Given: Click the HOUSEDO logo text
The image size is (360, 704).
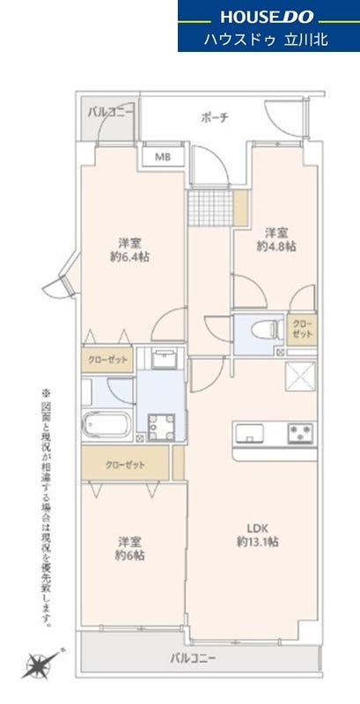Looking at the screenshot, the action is click(x=267, y=17).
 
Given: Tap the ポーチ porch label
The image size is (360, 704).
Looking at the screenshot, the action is click(x=215, y=118).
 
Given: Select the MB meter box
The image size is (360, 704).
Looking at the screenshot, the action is click(x=163, y=158).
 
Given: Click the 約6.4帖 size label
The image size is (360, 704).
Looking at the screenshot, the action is click(x=130, y=257).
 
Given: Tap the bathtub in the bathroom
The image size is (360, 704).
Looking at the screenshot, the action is click(x=107, y=424).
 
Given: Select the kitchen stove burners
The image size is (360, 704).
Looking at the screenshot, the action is click(x=301, y=433).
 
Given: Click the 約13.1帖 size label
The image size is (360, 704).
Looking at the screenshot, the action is click(x=257, y=541).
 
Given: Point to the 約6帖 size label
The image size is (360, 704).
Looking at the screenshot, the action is click(x=131, y=555).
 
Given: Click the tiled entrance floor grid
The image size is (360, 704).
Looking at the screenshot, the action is click(x=210, y=208).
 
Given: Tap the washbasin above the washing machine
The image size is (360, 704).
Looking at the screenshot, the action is click(x=163, y=359).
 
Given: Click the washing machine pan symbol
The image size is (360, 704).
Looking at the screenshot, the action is click(x=162, y=428).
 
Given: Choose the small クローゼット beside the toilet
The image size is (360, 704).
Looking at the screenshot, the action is click(x=302, y=330).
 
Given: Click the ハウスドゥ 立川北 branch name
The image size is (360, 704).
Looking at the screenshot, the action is click(x=267, y=39).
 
